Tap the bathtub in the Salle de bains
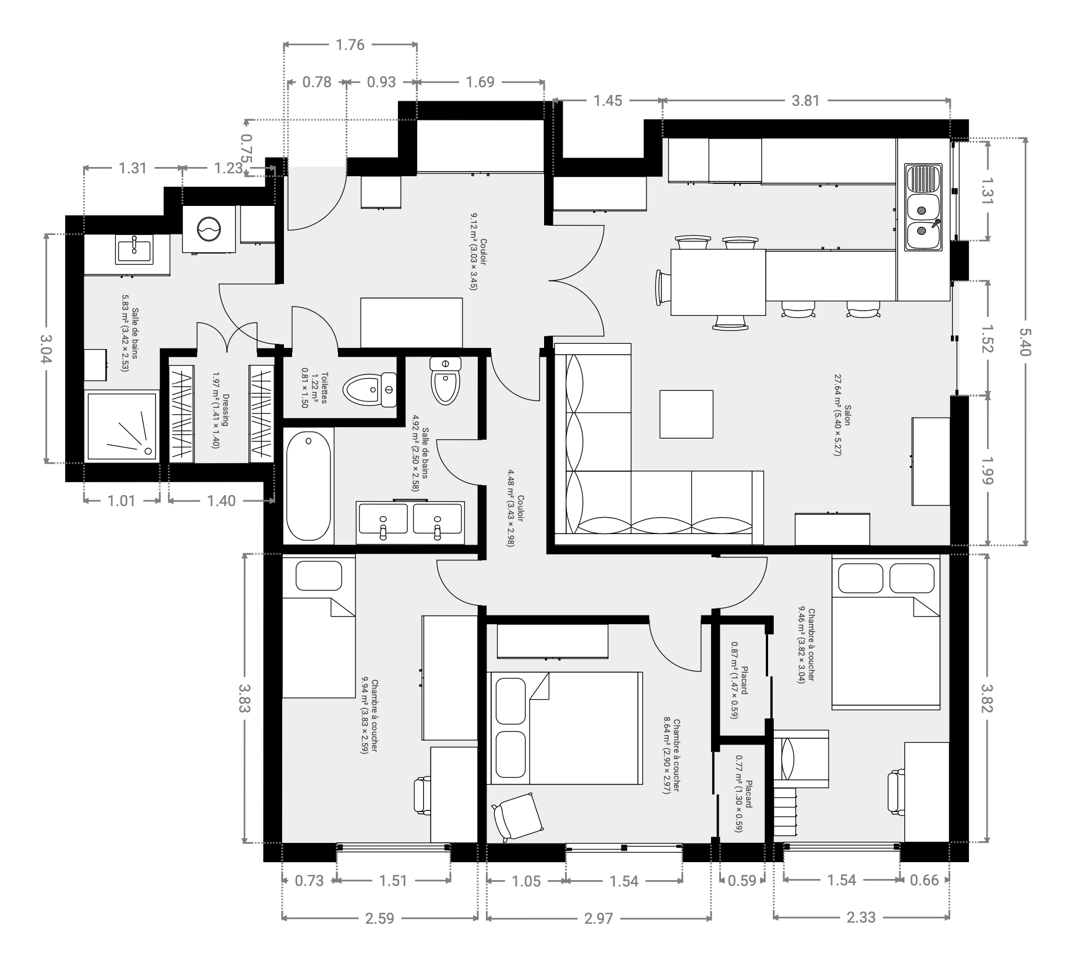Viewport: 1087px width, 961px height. tap(308, 486)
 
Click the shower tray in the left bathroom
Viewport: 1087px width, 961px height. tap(122, 425)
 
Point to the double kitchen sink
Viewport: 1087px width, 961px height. tap(923, 208)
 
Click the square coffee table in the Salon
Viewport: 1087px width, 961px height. tap(687, 414)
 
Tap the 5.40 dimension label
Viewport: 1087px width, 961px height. tap(1025, 341)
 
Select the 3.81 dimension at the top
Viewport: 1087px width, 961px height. tap(805, 101)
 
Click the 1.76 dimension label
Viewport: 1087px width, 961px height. tap(350, 45)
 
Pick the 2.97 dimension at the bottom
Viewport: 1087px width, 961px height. tap(599, 919)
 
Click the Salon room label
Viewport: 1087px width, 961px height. tap(842, 423)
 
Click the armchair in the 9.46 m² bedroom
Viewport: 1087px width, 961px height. tap(800, 759)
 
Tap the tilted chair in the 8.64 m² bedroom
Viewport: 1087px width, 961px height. tap(517, 816)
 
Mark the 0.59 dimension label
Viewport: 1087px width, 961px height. tap(742, 880)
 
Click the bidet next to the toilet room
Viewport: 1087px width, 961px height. tap(446, 380)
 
